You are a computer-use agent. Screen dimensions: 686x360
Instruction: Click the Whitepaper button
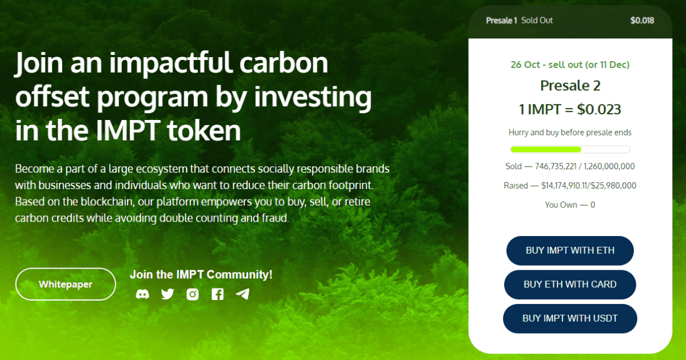click(x=66, y=284)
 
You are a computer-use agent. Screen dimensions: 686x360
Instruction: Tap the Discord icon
click(x=142, y=294)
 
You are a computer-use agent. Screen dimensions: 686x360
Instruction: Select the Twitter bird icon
click(x=167, y=294)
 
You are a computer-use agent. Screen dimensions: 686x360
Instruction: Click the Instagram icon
click(x=193, y=294)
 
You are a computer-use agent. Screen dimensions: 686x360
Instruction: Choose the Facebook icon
click(x=217, y=294)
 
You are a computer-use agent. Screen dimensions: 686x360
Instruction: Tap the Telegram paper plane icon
click(x=242, y=294)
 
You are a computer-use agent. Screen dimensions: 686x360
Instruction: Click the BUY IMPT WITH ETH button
click(x=570, y=250)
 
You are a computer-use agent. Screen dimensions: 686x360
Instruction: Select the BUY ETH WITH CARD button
click(x=570, y=285)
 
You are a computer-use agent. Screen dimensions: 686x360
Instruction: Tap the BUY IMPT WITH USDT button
click(x=570, y=318)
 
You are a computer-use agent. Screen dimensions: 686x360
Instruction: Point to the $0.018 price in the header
click(x=642, y=21)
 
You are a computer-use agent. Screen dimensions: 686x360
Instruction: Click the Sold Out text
click(x=537, y=21)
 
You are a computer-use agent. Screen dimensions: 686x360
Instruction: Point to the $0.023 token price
click(x=599, y=109)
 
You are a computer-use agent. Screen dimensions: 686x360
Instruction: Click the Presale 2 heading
click(x=570, y=85)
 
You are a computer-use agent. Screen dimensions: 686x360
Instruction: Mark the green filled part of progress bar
click(x=546, y=149)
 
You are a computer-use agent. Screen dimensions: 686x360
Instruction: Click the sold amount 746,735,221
click(x=556, y=166)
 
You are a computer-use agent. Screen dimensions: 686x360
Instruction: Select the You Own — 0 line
click(x=570, y=205)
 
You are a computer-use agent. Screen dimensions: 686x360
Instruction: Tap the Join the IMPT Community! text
click(x=201, y=274)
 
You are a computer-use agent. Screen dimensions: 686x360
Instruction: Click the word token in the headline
click(x=204, y=130)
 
